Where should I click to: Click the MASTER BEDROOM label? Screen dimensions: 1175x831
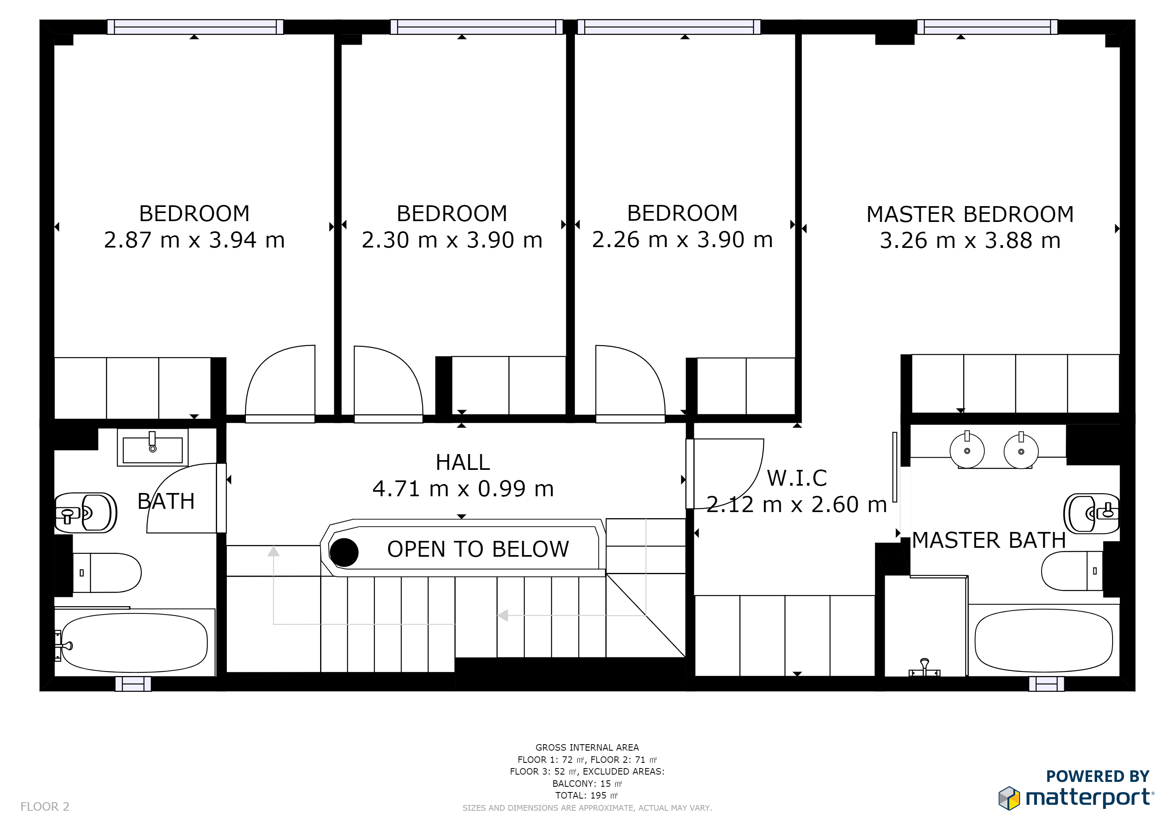point(970,214)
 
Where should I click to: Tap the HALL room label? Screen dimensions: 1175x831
point(463,463)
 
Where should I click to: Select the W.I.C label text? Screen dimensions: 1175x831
point(797,478)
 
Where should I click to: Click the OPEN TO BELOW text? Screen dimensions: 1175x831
point(478,549)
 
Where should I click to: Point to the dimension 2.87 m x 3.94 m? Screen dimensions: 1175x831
point(194,240)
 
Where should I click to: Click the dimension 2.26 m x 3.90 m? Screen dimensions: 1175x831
point(682,239)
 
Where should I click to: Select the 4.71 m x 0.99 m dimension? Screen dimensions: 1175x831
point(463,489)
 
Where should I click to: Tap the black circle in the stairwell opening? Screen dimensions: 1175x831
point(344,553)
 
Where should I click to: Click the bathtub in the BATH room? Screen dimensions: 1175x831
point(134,643)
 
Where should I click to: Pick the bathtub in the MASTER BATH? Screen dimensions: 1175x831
point(1044,641)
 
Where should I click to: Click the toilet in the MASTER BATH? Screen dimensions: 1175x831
point(1072,571)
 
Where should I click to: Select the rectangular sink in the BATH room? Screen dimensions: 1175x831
point(153,447)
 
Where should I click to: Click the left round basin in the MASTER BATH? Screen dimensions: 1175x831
point(967,450)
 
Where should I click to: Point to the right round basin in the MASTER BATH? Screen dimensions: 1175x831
point(1021,451)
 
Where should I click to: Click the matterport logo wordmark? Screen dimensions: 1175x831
point(1089,798)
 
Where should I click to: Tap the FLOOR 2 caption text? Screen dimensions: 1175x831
point(45,807)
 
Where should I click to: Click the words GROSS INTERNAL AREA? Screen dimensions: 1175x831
point(587,747)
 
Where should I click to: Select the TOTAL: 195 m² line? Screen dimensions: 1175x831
point(587,796)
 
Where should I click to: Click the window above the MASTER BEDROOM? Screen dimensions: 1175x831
point(987,27)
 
